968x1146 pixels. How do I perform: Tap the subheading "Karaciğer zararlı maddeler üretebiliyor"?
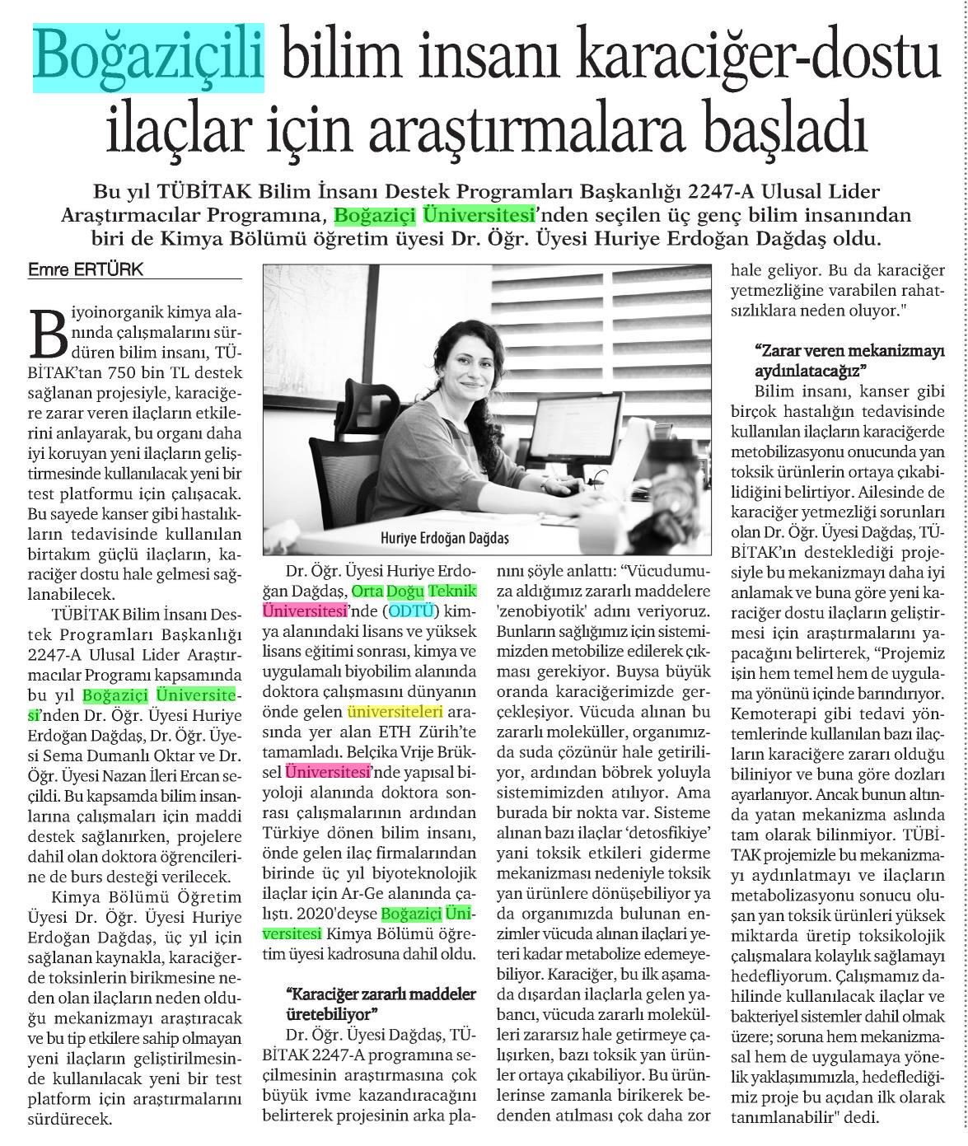click(380, 1003)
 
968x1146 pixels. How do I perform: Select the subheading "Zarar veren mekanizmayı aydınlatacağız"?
click(849, 358)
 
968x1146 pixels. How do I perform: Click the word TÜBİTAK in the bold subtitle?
click(193, 192)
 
